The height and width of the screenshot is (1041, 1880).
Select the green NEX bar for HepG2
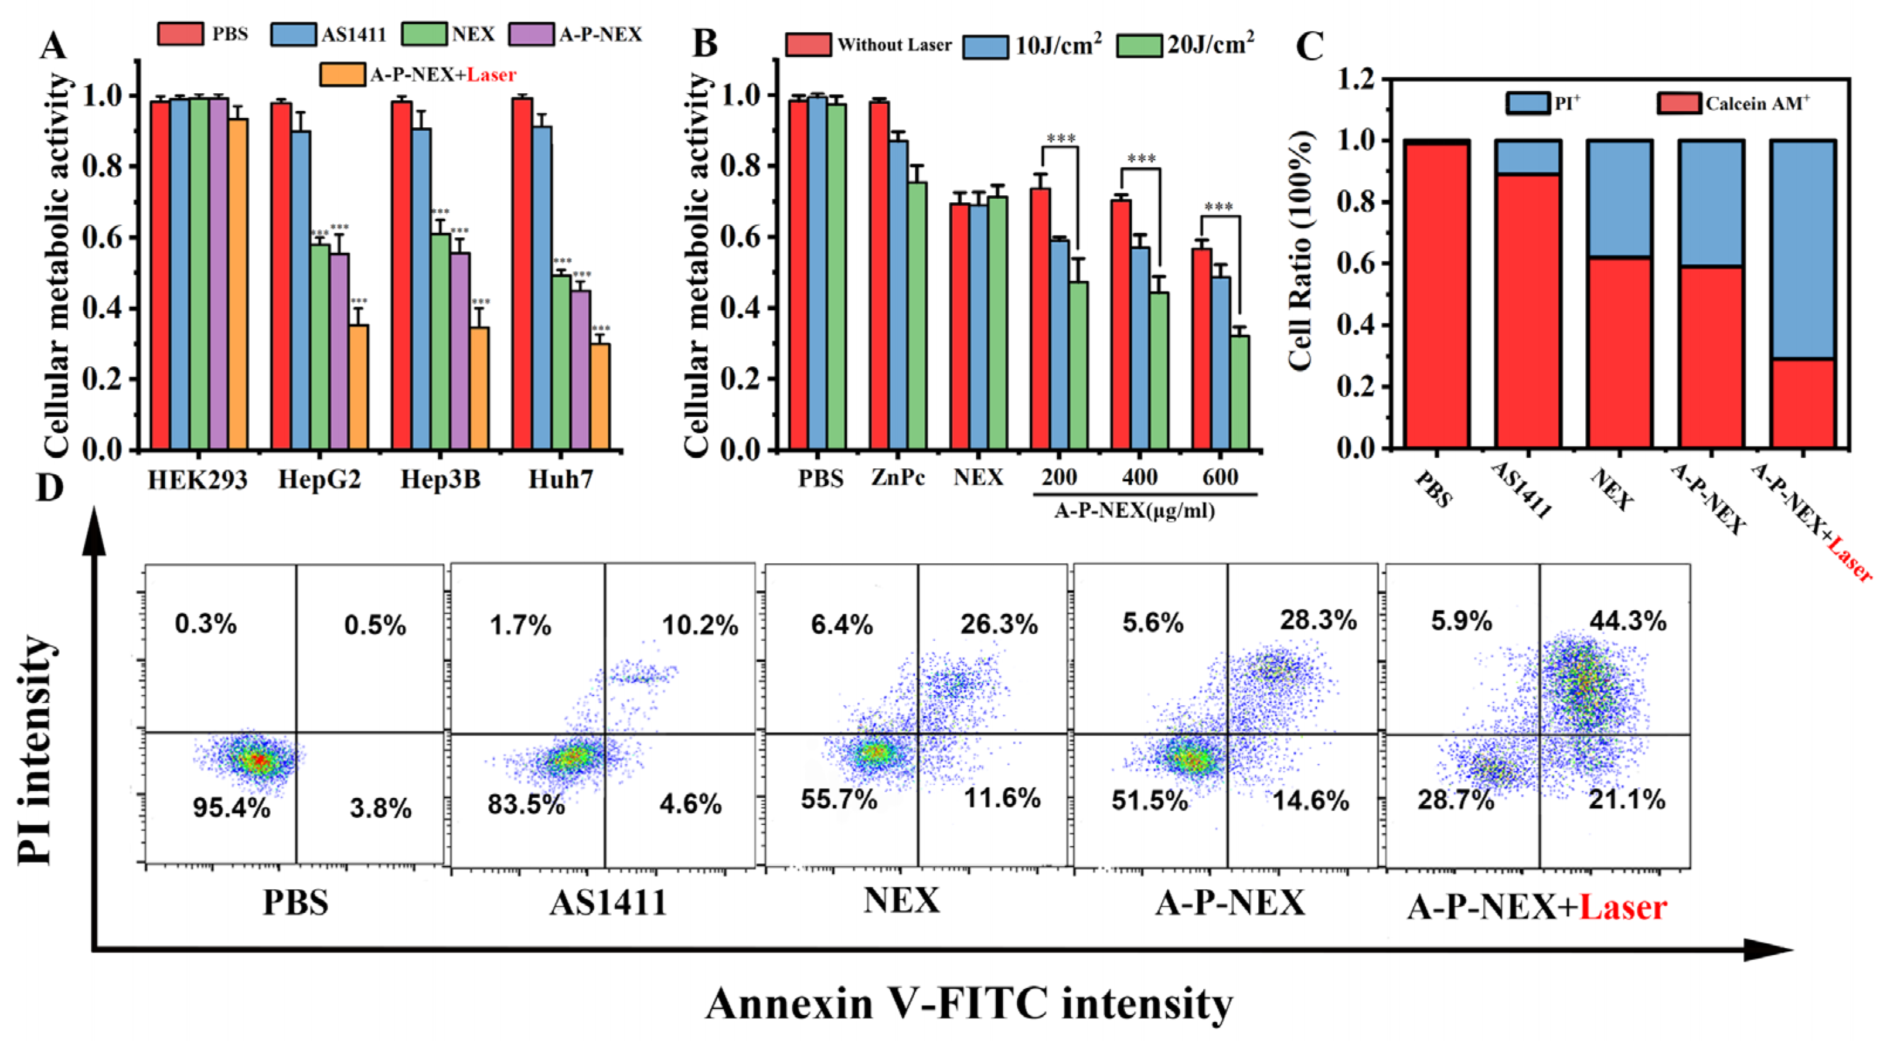(x=319, y=347)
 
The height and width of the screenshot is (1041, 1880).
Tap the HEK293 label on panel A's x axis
(x=197, y=479)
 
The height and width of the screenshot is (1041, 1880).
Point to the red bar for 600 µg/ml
(x=1201, y=349)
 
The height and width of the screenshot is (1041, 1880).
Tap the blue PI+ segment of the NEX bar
(x=1619, y=199)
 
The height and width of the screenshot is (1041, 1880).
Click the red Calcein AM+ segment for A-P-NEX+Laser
(x=1803, y=403)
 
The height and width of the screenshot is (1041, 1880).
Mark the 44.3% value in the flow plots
(x=1627, y=621)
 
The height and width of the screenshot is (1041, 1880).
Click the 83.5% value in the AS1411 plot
(x=526, y=804)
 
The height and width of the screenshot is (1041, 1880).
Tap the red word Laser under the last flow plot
(x=1623, y=907)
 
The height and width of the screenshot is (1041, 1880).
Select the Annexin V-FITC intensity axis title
(x=969, y=1003)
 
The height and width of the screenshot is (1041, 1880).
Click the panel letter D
(x=50, y=488)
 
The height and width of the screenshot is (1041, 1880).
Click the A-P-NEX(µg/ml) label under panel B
(x=1134, y=511)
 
